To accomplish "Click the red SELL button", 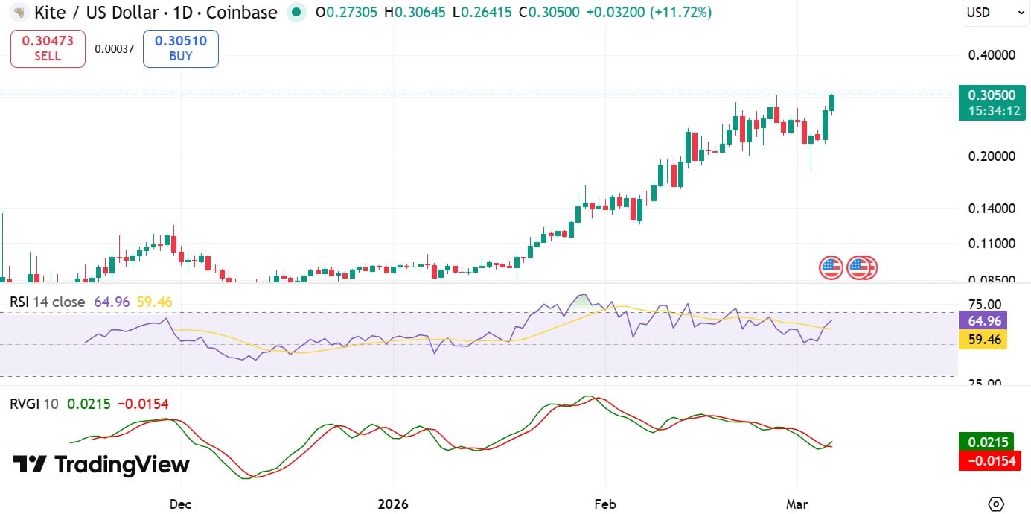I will click(x=48, y=48).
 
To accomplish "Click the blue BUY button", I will click(x=180, y=48).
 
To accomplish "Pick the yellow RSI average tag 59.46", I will click(x=986, y=340).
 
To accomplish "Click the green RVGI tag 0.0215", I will click(x=986, y=442).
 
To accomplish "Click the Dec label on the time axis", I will click(x=180, y=504).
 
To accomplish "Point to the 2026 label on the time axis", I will click(x=393, y=504).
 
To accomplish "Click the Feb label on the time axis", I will click(x=605, y=504).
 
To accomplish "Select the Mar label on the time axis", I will click(x=797, y=504).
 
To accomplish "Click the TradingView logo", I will click(x=101, y=465).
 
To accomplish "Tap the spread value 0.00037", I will click(x=114, y=49).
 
